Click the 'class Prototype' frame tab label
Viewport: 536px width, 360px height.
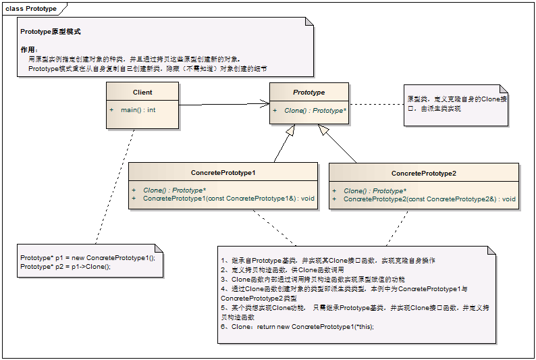(x=31, y=9)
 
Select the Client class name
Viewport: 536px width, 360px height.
(x=142, y=93)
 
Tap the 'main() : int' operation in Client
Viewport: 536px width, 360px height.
(x=138, y=109)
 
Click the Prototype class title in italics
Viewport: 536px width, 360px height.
(x=309, y=93)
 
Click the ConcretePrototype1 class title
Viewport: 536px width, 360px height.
(x=223, y=174)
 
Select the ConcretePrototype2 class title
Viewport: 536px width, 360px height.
(x=424, y=174)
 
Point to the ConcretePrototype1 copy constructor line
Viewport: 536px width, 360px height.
(x=229, y=199)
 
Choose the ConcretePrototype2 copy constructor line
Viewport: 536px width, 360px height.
(x=429, y=199)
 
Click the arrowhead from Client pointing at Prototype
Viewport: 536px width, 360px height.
(x=265, y=104)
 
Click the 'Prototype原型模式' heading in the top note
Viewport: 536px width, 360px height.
(x=51, y=32)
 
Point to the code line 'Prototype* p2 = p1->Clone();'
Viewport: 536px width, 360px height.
(x=65, y=267)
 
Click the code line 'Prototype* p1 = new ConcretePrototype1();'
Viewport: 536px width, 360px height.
(x=88, y=258)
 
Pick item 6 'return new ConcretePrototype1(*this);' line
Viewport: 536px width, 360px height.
(x=297, y=327)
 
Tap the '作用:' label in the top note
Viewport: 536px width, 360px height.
(x=29, y=50)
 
